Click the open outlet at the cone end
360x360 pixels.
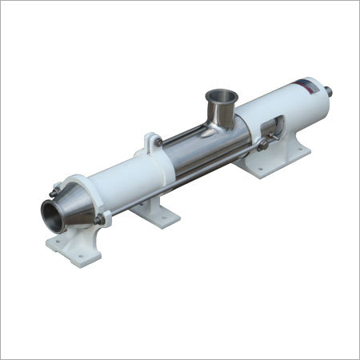click(x=54, y=214)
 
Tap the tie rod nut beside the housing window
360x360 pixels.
click(x=262, y=145)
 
